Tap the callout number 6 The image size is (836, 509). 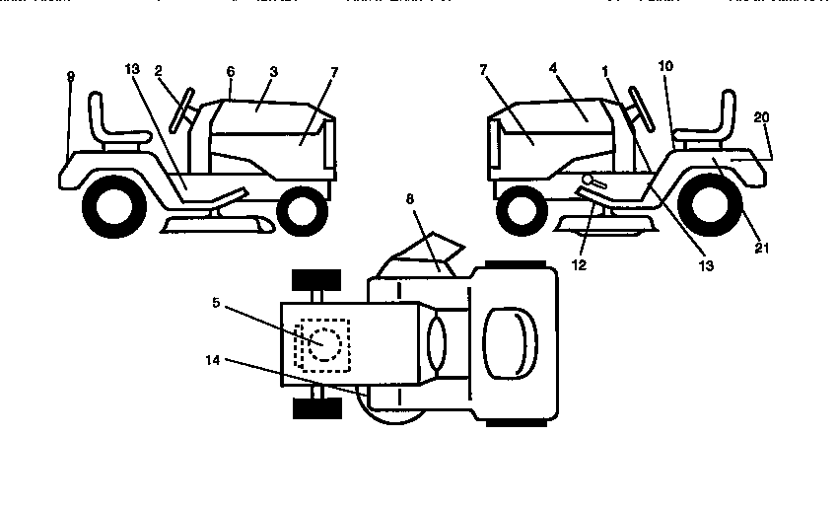click(230, 72)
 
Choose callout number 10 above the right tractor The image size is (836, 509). click(667, 66)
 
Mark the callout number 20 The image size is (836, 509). click(760, 116)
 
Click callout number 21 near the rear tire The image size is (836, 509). click(759, 248)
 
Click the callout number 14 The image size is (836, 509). click(215, 361)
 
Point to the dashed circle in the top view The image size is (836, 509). click(324, 343)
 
